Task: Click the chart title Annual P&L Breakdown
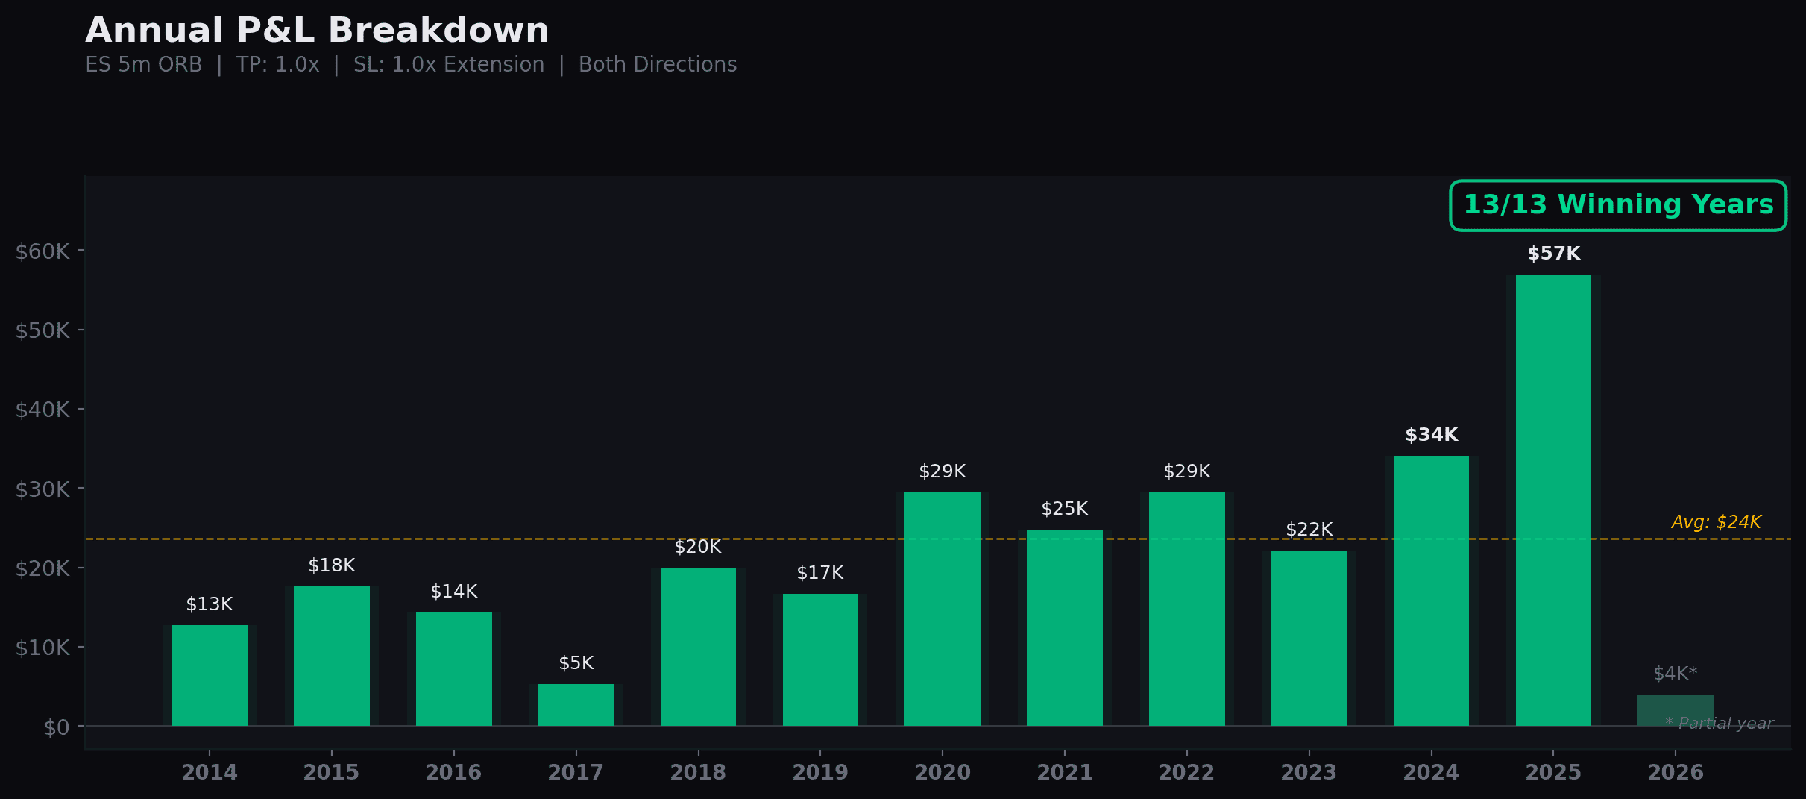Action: pyautogui.click(x=317, y=31)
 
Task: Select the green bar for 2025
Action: pyautogui.click(x=1553, y=500)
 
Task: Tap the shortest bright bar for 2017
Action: pyautogui.click(x=576, y=705)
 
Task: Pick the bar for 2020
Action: pyautogui.click(x=943, y=608)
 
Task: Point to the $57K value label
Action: pyautogui.click(x=1553, y=254)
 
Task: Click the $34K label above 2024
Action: pyautogui.click(x=1431, y=435)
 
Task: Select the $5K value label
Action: pyautogui.click(x=576, y=663)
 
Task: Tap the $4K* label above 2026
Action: pyautogui.click(x=1675, y=674)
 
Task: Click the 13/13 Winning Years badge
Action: pyautogui.click(x=1617, y=205)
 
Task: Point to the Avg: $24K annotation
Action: pyautogui.click(x=1716, y=522)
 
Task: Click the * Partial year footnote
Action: pyautogui.click(x=1719, y=724)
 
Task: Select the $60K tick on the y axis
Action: pyautogui.click(x=43, y=251)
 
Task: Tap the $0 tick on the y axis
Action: pyautogui.click(x=56, y=727)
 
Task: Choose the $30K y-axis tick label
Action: pyautogui.click(x=43, y=489)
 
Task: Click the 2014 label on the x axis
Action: pyautogui.click(x=210, y=772)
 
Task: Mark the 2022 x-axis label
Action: pyautogui.click(x=1186, y=772)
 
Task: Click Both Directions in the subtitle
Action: pyautogui.click(x=657, y=65)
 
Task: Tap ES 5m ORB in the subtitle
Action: pyautogui.click(x=143, y=65)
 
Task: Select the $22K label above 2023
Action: pyautogui.click(x=1309, y=530)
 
